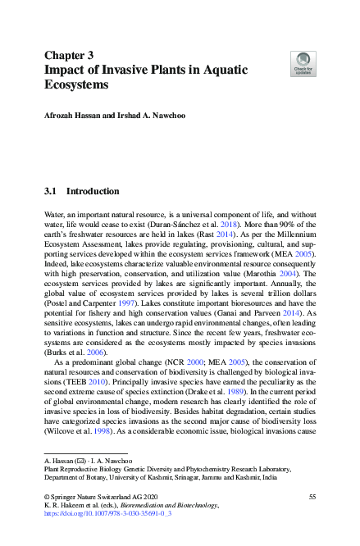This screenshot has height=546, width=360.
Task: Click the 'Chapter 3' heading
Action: [x=68, y=55]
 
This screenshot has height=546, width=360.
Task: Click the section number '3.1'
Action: [x=50, y=191]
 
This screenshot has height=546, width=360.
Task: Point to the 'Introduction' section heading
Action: [x=92, y=191]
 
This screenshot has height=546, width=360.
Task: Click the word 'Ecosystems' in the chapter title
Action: [x=76, y=84]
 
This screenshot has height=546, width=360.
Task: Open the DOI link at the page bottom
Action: [x=98, y=516]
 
